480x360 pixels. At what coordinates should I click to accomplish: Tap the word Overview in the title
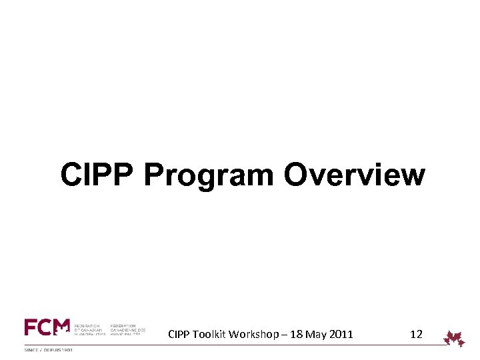[354, 175]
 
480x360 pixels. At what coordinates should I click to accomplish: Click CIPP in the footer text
[179, 334]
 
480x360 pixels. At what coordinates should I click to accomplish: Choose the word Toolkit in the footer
[209, 334]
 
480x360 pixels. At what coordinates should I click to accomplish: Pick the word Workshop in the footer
[252, 334]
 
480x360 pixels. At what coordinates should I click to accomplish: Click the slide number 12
[416, 334]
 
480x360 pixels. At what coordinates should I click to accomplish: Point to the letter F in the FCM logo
[31, 327]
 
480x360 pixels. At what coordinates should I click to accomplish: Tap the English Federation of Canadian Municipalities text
[90, 330]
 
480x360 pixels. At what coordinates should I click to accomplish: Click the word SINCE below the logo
[31, 350]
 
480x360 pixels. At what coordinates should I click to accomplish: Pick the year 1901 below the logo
[65, 350]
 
